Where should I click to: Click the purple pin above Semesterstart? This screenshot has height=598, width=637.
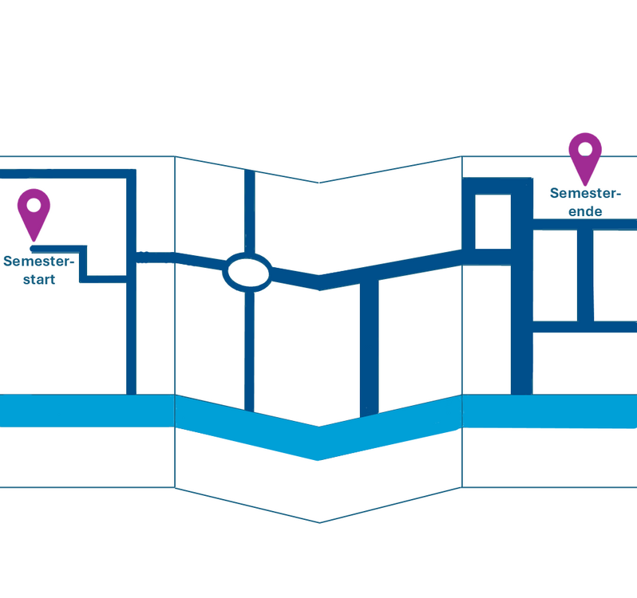pos(34,211)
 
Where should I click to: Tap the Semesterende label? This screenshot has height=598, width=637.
pos(585,203)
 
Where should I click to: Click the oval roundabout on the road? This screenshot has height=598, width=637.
pos(247,271)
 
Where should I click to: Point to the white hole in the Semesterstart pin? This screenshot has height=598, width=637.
pos(34,205)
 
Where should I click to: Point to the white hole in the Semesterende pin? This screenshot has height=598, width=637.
pos(585,148)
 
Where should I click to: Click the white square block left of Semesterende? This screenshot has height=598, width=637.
pos(492,221)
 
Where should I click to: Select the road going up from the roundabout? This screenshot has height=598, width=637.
pos(249,211)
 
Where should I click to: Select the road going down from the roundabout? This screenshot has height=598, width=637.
pos(249,351)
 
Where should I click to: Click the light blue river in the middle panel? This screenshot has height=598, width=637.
pos(319,439)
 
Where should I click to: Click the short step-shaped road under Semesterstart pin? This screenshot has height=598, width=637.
pos(83,263)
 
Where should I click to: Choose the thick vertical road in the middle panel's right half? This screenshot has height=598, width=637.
pos(369,347)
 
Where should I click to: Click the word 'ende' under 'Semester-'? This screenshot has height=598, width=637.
pos(585,212)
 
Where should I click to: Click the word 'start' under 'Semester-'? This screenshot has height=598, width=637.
pos(39,280)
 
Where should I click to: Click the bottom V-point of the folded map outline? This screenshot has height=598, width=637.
pos(319,522)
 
